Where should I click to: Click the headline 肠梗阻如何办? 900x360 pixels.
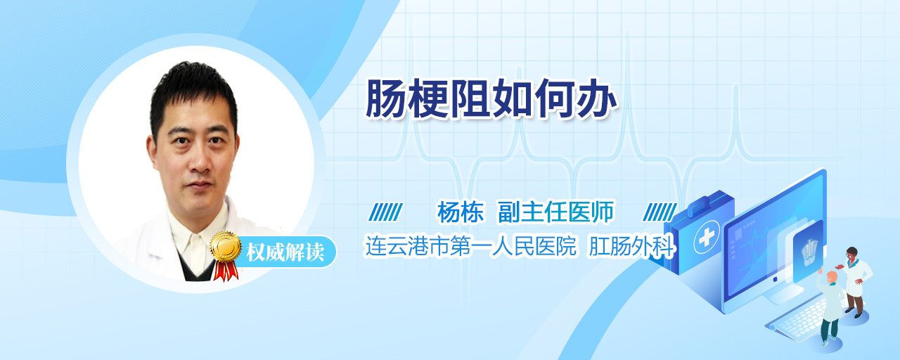tap(491, 98)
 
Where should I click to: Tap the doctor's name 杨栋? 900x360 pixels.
tap(461, 212)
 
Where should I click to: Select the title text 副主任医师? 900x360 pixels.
tap(556, 212)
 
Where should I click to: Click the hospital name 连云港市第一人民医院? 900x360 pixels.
tap(471, 246)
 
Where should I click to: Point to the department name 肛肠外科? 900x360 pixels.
tap(631, 246)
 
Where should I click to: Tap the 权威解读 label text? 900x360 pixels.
tap(285, 252)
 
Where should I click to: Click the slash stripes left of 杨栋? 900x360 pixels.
tap(386, 212)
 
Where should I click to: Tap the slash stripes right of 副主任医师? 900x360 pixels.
tap(660, 212)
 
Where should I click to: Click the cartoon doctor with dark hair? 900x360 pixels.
tap(854, 281)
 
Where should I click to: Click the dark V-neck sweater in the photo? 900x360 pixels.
tap(198, 267)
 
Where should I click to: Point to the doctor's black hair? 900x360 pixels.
tap(192, 94)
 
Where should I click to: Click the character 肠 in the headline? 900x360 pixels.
tap(385, 98)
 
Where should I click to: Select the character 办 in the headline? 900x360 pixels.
tap(596, 98)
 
